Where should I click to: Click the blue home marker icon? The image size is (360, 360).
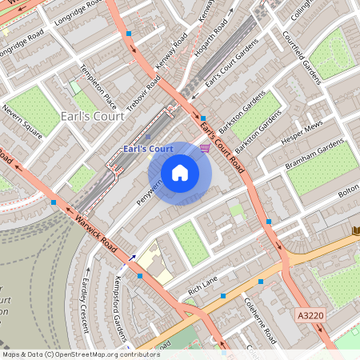click(179, 172)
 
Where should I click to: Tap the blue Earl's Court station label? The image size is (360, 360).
click(149, 149)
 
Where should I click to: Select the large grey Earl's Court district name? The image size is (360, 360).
click(93, 117)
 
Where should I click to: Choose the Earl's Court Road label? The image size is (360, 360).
click(222, 145)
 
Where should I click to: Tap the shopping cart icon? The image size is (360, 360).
click(206, 147)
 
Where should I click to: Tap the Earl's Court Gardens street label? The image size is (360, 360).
click(224, 70)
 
